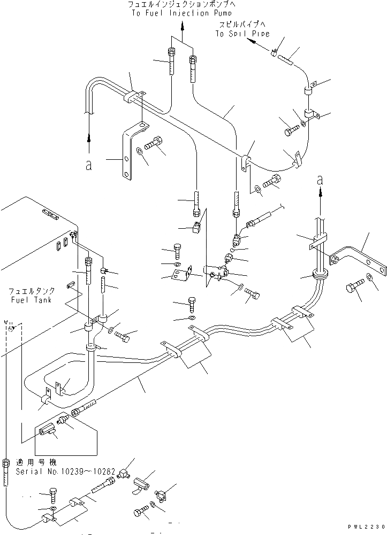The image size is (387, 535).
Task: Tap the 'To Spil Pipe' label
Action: (x=242, y=33)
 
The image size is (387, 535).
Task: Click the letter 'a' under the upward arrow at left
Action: (x=88, y=166)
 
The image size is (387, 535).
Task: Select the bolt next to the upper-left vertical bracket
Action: (x=154, y=143)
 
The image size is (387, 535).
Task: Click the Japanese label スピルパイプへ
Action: (x=242, y=25)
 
